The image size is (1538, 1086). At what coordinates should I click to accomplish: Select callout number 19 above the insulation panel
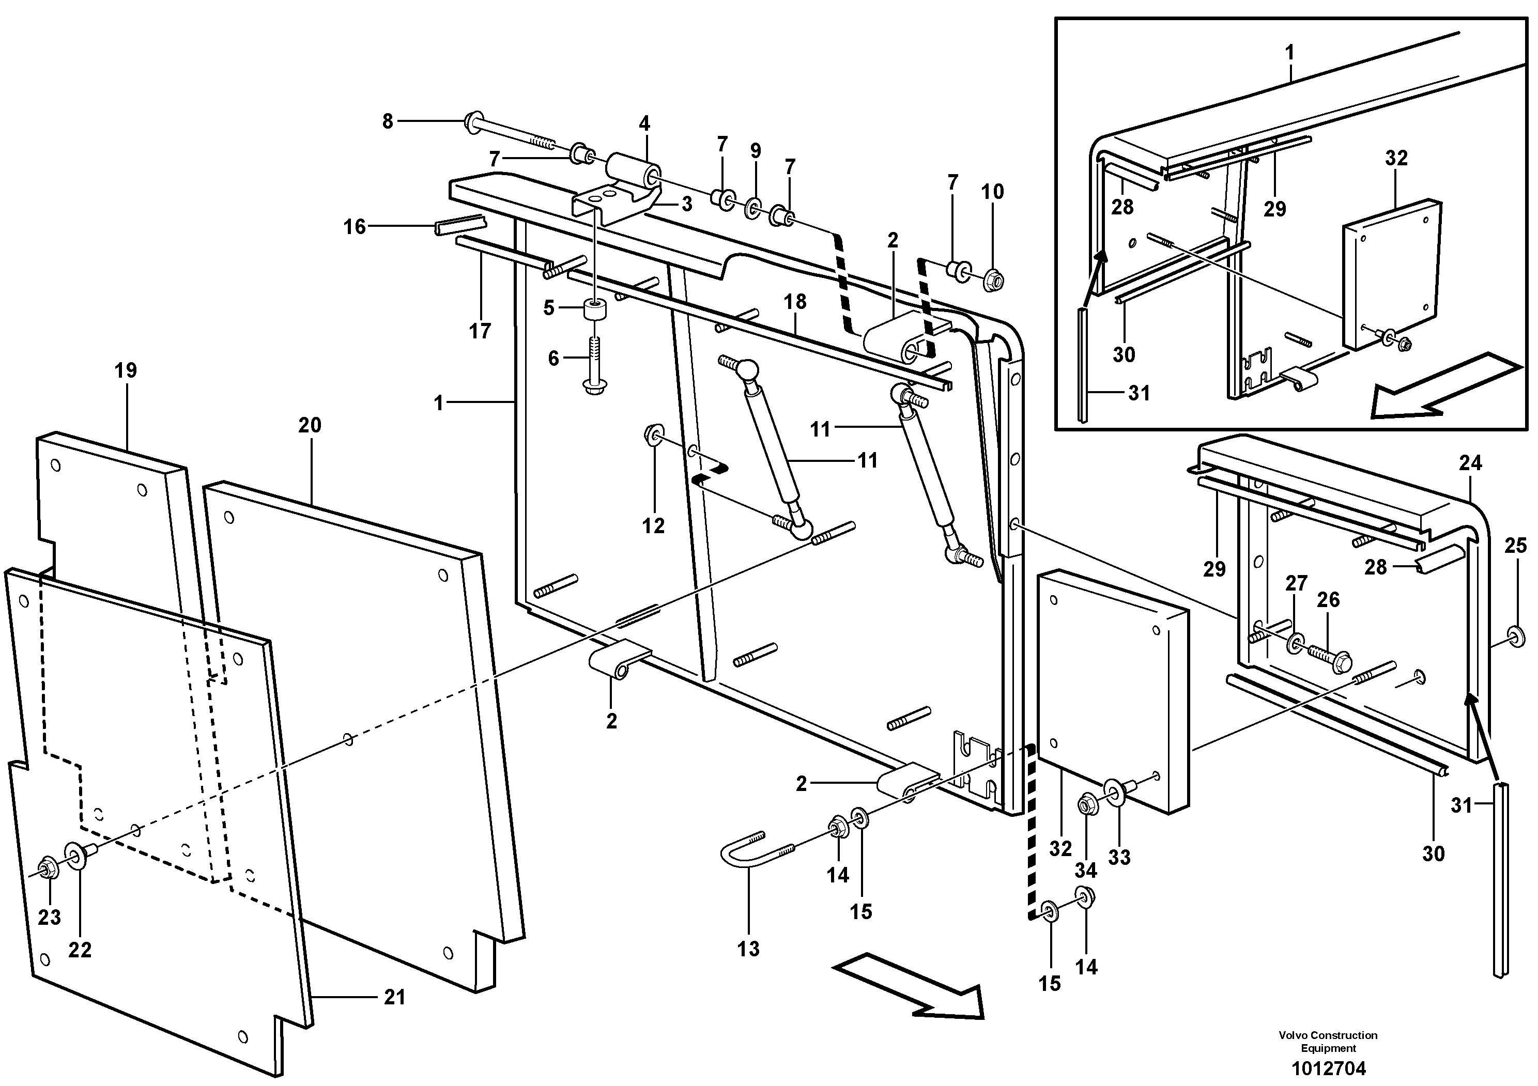pos(125,370)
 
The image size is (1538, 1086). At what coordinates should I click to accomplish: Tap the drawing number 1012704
pos(1328,1068)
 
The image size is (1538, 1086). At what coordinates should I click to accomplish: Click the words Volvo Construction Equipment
pos(1328,1041)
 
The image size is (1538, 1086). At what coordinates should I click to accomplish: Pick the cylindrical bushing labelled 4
pos(633,170)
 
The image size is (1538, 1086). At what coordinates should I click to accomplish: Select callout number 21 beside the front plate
pos(394,998)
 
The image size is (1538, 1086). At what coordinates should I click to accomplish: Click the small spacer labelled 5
pos(593,312)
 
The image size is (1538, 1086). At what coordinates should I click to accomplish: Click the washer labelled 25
pos(1513,633)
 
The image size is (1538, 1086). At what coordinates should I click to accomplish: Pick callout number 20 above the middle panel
pos(310,425)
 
